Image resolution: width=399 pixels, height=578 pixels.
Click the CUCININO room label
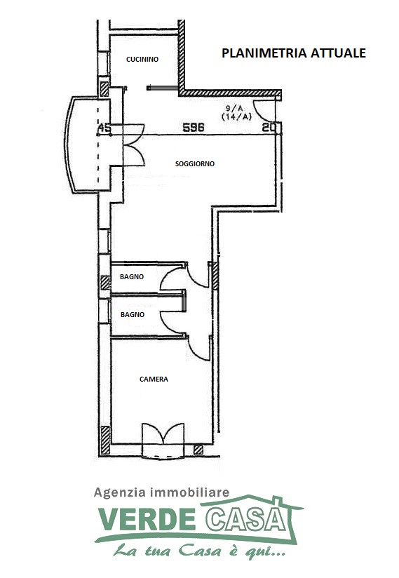142,59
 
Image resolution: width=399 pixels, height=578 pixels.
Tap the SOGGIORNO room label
194,163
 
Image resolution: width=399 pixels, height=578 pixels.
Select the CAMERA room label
154,379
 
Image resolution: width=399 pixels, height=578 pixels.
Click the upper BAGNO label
132,277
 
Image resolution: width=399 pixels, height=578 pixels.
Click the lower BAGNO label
133,315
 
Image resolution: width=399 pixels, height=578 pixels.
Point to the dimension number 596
194,128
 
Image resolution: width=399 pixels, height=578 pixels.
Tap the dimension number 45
104,128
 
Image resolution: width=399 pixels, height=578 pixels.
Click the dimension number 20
269,128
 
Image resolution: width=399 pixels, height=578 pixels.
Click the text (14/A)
236,117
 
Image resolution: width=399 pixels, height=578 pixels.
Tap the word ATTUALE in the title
338,53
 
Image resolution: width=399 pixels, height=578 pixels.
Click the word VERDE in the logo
147,519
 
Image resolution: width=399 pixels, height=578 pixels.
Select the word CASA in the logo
245,519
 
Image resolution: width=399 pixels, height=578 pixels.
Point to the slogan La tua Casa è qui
199,551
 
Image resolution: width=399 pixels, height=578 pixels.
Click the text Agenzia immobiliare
161,492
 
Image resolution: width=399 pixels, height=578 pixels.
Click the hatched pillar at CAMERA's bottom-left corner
106,439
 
